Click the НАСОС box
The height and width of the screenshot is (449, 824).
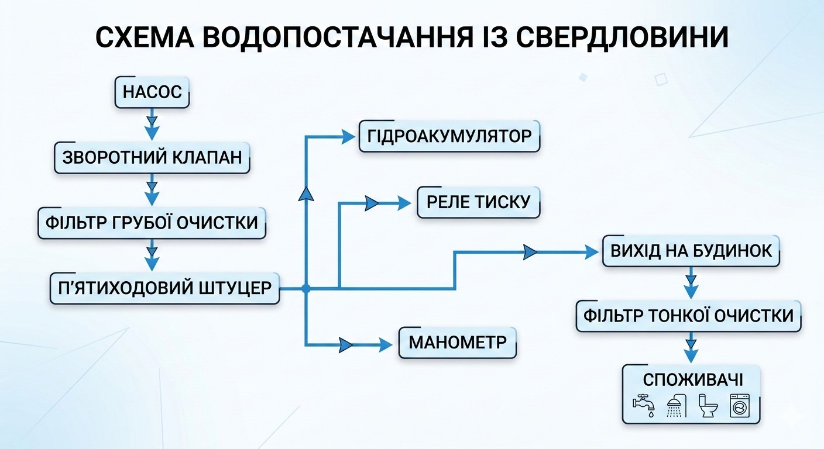pyautogui.click(x=152, y=92)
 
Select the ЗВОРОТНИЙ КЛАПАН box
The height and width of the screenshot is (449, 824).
pyautogui.click(x=152, y=157)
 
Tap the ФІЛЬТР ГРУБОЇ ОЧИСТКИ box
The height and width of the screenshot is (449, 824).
pyautogui.click(x=152, y=223)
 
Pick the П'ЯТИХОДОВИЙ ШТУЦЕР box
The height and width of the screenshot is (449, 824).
pyautogui.click(x=164, y=288)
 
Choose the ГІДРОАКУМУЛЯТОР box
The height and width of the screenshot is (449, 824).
pyautogui.click(x=449, y=137)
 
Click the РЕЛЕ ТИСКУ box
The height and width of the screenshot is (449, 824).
pyautogui.click(x=478, y=202)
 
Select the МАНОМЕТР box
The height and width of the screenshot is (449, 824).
pyautogui.click(x=457, y=342)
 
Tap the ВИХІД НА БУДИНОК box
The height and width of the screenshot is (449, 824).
pyautogui.click(x=691, y=251)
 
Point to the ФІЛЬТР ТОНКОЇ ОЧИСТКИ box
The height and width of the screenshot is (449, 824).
pyautogui.click(x=688, y=316)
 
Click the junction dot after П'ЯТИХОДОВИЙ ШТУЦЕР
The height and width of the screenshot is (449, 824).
pyautogui.click(x=305, y=288)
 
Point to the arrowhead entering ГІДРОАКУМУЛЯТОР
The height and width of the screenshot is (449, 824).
pyautogui.click(x=349, y=137)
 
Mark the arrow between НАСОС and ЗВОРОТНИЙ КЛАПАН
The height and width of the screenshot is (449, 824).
pyautogui.click(x=152, y=125)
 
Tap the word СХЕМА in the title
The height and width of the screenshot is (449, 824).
pyautogui.click(x=143, y=39)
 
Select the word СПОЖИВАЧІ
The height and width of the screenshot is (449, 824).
pyautogui.click(x=693, y=380)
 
